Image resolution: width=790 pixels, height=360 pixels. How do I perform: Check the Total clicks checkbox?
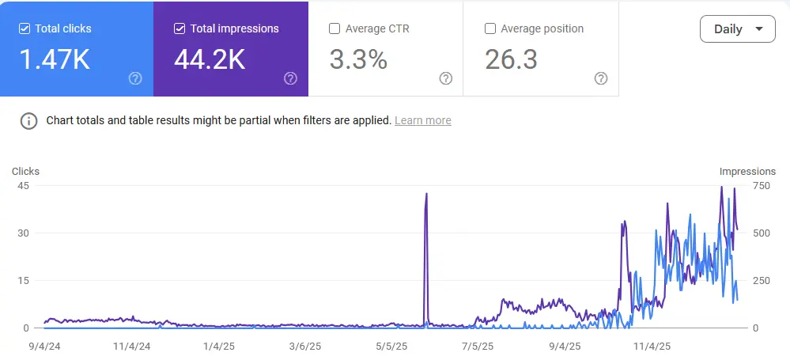tap(25, 28)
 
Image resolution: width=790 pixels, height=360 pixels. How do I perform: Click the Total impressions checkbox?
tap(180, 28)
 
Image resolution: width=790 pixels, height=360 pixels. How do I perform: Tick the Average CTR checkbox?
tap(334, 28)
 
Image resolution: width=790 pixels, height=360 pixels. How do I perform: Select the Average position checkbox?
tap(489, 28)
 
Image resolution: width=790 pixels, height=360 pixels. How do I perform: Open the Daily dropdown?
tap(738, 29)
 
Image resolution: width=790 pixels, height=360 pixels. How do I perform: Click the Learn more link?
tap(423, 120)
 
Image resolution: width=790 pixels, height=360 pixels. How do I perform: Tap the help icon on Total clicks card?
tap(135, 78)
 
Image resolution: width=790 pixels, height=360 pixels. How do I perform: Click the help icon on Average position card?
tap(600, 78)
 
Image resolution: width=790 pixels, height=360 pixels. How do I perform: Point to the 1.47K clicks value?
tap(55, 59)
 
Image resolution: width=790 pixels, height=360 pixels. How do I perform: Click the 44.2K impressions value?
tap(210, 59)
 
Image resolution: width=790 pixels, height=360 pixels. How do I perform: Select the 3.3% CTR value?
tap(358, 59)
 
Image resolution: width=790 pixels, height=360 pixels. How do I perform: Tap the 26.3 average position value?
tap(511, 59)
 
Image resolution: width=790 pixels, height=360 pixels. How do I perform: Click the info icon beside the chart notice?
tap(28, 121)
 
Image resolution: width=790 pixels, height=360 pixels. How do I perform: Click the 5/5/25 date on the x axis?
tap(391, 347)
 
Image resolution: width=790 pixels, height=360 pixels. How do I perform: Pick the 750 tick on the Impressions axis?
tap(762, 186)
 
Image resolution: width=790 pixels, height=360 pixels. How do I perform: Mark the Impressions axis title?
tap(747, 172)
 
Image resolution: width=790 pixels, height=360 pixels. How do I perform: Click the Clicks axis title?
tap(25, 172)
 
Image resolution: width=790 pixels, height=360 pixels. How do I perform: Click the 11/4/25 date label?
tap(652, 347)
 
